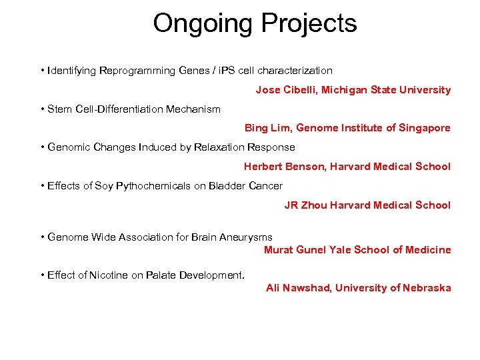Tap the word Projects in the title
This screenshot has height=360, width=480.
(309, 24)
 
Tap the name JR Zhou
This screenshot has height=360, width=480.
(306, 205)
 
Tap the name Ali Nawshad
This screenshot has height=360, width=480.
(297, 288)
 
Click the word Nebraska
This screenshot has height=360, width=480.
(427, 288)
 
